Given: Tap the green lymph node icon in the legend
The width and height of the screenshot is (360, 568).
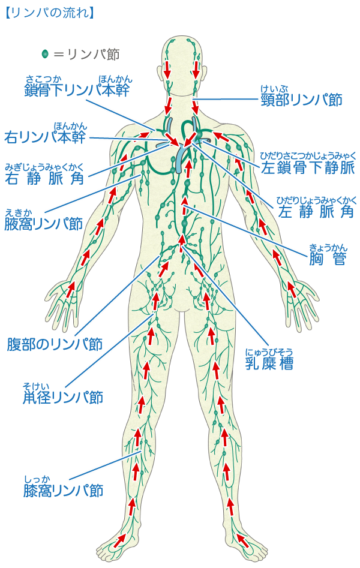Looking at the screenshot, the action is pos(44,54).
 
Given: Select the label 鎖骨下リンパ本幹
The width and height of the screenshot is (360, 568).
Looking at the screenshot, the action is pos(77,91).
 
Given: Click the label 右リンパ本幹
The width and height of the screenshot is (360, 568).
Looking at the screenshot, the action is pos(45,137).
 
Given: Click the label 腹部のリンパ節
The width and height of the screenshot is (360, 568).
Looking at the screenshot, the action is pos(55,344).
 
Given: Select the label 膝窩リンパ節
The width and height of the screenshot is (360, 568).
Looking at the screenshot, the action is pos(63,490).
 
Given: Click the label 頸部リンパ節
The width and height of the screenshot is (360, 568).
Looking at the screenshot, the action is pos(302,100).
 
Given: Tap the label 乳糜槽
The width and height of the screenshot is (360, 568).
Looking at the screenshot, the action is pos(269,363).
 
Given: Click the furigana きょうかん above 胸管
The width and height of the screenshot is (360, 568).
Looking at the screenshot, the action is pos(328,247).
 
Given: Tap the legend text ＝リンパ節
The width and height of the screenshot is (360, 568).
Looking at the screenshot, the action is pos(86,54).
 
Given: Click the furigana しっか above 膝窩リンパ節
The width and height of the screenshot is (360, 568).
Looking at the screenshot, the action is pos(37,479).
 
